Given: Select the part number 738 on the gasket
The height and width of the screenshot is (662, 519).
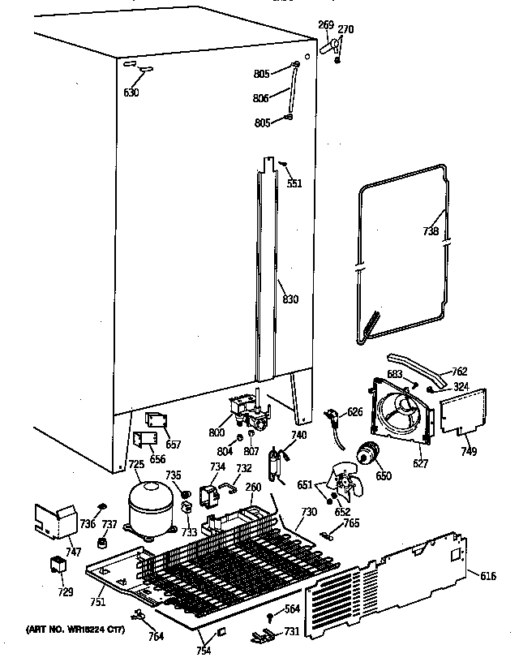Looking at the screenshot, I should pos(431,231).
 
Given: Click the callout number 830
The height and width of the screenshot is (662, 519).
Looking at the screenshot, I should pos(290,299).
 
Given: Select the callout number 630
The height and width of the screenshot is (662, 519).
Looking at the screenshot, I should pos(131,92).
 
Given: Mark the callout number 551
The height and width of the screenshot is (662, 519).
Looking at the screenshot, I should pos(294,183).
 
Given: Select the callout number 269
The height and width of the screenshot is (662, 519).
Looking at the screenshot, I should pos(325,25).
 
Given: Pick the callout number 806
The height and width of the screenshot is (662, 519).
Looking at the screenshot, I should pos(261,98).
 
